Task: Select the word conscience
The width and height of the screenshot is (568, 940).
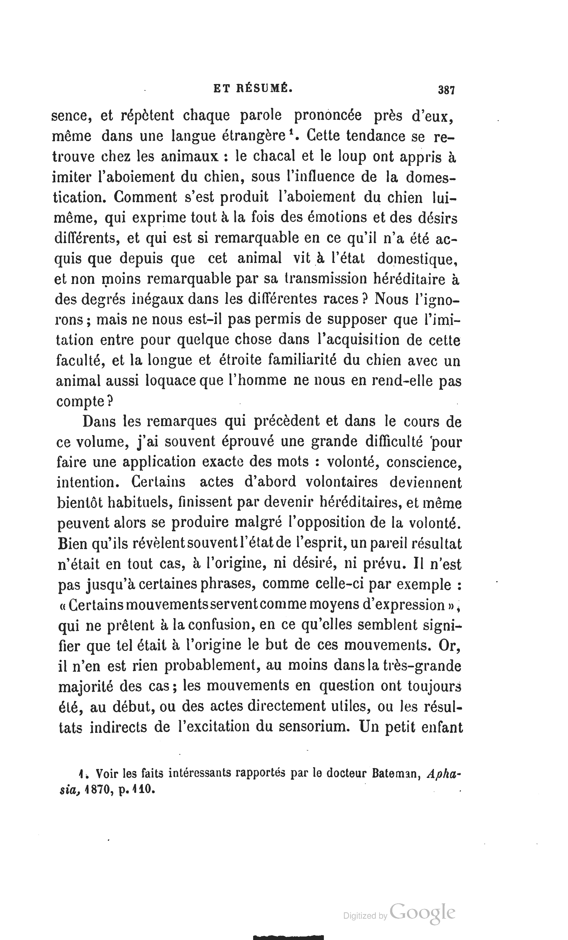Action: click(x=424, y=462)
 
